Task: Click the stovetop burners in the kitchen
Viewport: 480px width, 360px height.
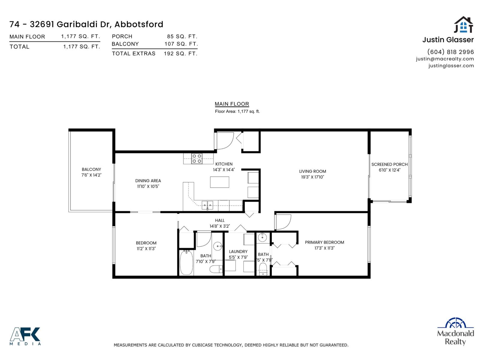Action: coord(197,158)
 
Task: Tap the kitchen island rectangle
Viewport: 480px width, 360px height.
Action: coord(219,182)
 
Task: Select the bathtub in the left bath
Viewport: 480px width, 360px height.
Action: coord(186,263)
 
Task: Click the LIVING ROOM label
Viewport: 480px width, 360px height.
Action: coord(312,171)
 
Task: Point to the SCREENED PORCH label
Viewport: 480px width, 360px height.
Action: coord(389,164)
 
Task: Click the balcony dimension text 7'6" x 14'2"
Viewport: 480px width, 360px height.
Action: coord(91,175)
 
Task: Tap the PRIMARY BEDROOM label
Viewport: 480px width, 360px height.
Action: coord(324,242)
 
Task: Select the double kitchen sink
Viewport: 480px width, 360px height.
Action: coord(207,205)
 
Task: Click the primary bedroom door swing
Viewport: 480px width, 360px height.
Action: coord(283,222)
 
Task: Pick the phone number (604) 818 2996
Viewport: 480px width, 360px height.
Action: coord(450,52)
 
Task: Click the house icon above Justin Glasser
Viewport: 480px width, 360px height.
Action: coord(463,25)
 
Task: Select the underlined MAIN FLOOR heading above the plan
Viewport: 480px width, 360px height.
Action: coord(232,104)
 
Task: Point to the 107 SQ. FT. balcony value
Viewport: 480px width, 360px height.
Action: coord(181,44)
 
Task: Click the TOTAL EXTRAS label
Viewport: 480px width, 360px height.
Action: coord(133,53)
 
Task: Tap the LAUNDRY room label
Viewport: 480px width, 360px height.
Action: coord(238,252)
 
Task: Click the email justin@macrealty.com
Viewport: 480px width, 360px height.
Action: coord(445,59)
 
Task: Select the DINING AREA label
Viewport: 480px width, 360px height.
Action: coord(148,181)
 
